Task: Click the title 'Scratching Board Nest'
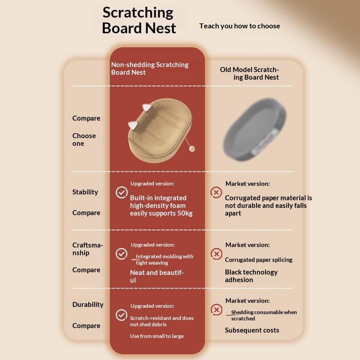pos(139,20)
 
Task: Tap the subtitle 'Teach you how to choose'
pos(239,26)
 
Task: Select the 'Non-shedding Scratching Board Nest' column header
pos(150,68)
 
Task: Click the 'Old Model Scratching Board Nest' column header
pos(249,73)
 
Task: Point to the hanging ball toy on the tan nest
pos(192,149)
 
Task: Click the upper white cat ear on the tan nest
pos(147,107)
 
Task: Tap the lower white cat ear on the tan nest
pos(133,125)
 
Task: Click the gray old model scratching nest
pos(255,129)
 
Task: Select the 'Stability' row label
pos(85,192)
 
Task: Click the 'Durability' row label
pos(88,305)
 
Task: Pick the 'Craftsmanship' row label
pos(88,249)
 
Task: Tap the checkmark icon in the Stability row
pos(121,192)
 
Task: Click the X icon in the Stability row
pos(216,193)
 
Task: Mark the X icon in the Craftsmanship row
pos(216,254)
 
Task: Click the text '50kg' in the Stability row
pos(185,213)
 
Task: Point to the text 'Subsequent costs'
pos(252,330)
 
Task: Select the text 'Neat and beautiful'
pos(157,276)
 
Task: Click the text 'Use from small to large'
pos(157,336)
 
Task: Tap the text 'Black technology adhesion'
pos(251,276)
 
